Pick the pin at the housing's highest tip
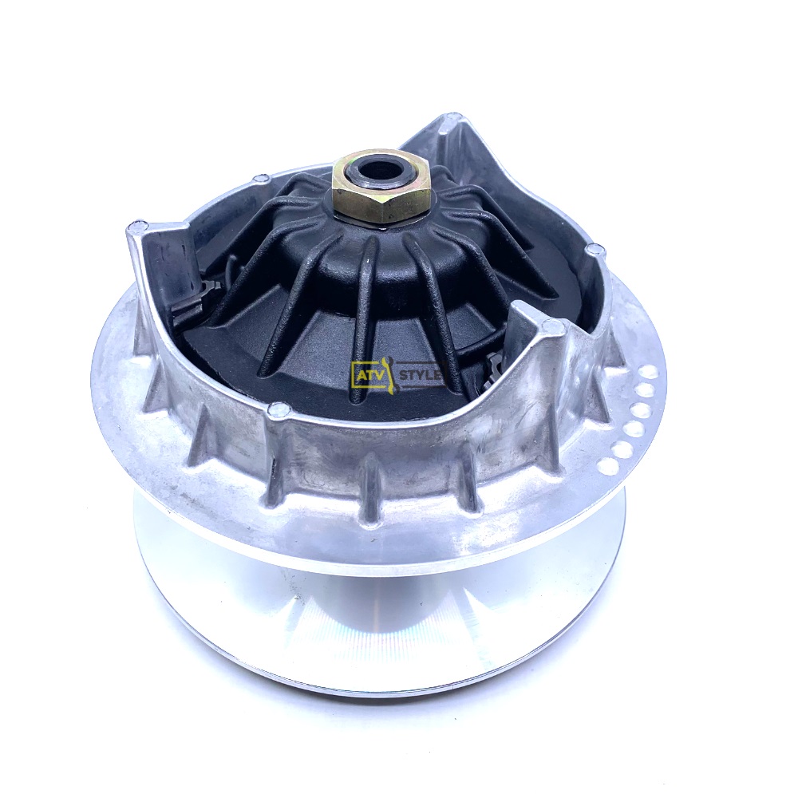coord(448,120)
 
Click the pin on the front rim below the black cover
coord(277,408)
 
